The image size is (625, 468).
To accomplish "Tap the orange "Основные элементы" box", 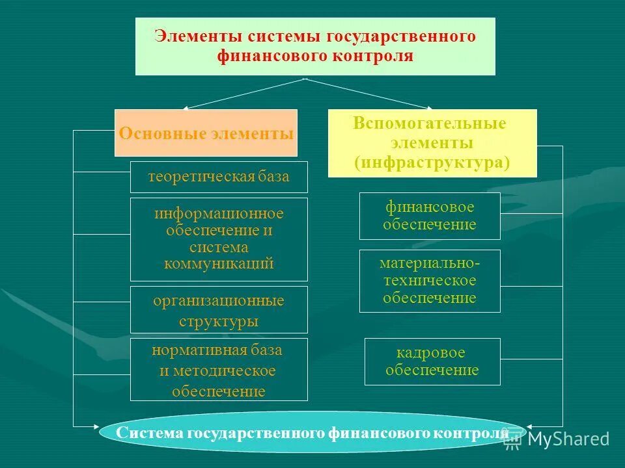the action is point(206,133).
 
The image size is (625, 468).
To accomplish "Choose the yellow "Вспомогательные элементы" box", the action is point(432,143).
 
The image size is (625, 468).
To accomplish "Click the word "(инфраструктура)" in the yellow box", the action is point(432,162).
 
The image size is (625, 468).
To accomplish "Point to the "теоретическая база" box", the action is point(219,177).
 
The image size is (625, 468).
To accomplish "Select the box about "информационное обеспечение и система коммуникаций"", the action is point(219,239).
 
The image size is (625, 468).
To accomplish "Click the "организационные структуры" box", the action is point(219,310).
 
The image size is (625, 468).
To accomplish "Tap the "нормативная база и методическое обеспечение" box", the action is point(219,369).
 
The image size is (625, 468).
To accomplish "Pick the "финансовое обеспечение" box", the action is point(430,216).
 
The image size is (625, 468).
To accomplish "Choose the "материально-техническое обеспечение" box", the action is point(430,281).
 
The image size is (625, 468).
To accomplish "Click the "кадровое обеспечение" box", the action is point(432,361).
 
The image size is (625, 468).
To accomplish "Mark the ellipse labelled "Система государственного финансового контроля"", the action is point(312,433).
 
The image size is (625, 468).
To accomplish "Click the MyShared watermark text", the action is point(568,439).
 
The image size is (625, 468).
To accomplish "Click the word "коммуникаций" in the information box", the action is point(219,265).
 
